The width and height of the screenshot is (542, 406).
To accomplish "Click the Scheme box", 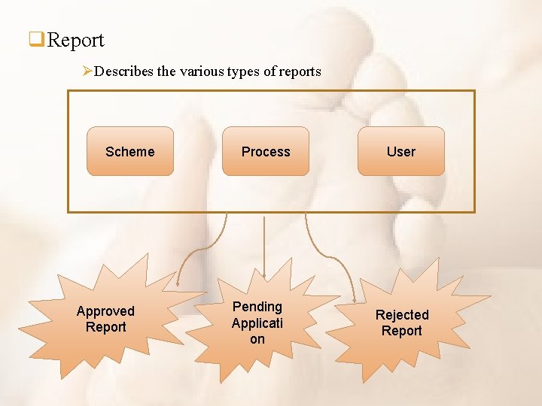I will [x=130, y=151].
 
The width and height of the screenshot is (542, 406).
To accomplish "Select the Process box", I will [x=266, y=151].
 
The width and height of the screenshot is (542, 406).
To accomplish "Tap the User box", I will [x=401, y=151].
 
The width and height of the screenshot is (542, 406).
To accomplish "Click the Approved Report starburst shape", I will [x=105, y=320].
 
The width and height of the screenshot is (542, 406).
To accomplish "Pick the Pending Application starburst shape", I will [x=258, y=323].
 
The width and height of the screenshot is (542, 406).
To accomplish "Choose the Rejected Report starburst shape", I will [x=402, y=323].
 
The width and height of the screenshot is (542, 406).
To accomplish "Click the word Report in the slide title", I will [x=75, y=40].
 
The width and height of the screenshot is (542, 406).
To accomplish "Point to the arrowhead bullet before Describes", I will [x=87, y=71].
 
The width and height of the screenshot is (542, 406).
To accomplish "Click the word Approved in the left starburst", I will [x=105, y=311].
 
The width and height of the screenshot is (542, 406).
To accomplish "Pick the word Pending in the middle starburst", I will [x=257, y=307].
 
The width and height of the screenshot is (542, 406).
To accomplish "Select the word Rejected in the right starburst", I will [x=402, y=315].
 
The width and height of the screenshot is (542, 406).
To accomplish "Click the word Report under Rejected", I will [x=402, y=332].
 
